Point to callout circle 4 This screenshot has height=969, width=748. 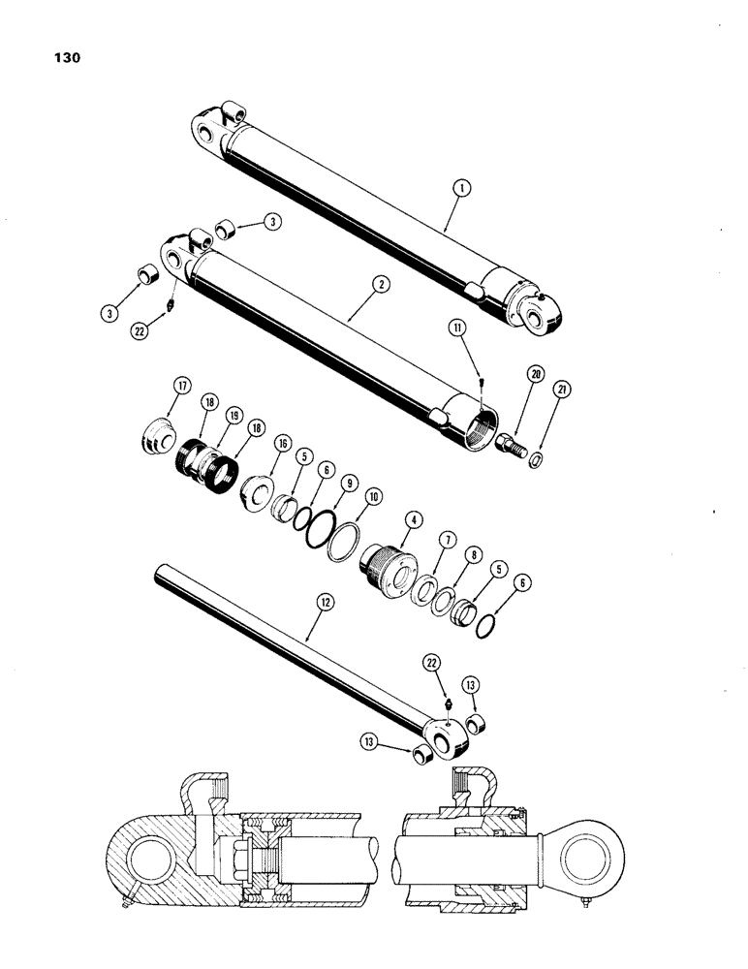click(x=414, y=521)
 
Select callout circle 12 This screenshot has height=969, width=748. click(x=326, y=604)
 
